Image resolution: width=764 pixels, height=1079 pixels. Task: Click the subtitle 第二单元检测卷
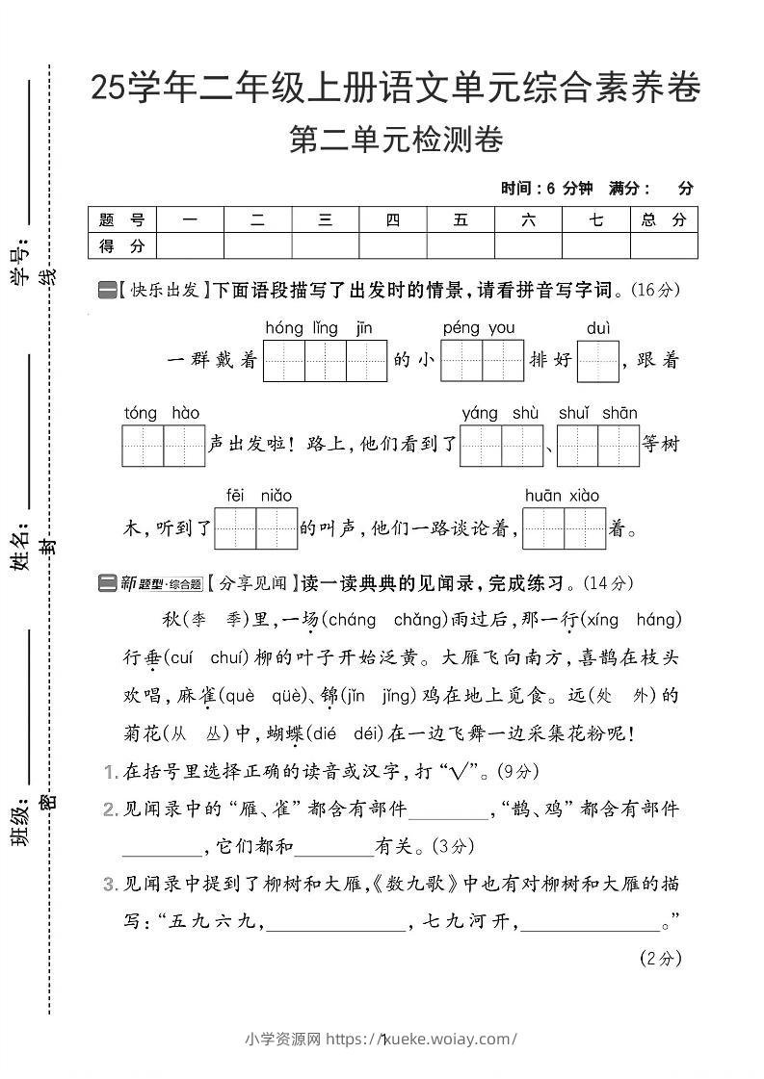pos(395,141)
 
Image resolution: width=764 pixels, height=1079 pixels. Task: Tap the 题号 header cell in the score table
pos(121,220)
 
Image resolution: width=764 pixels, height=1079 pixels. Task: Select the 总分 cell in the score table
pos(664,220)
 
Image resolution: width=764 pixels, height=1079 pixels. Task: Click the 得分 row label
pos(121,247)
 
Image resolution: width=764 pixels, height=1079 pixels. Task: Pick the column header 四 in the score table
pos(392,220)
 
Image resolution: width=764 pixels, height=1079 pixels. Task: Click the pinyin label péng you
pos(479,329)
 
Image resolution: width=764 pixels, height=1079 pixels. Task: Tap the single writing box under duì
pos(597,362)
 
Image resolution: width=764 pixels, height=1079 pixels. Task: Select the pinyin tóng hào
pos(161,414)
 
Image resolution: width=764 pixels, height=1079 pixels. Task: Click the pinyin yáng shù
pos(500,414)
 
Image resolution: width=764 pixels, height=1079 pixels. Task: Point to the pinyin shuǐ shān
pos(597,414)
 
